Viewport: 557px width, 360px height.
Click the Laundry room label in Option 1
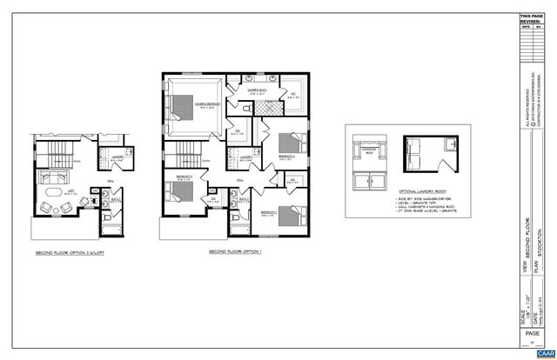246,157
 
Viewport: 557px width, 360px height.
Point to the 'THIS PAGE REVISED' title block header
531,19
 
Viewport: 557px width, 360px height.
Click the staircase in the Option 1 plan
185,160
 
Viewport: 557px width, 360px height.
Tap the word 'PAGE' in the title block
531,335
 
